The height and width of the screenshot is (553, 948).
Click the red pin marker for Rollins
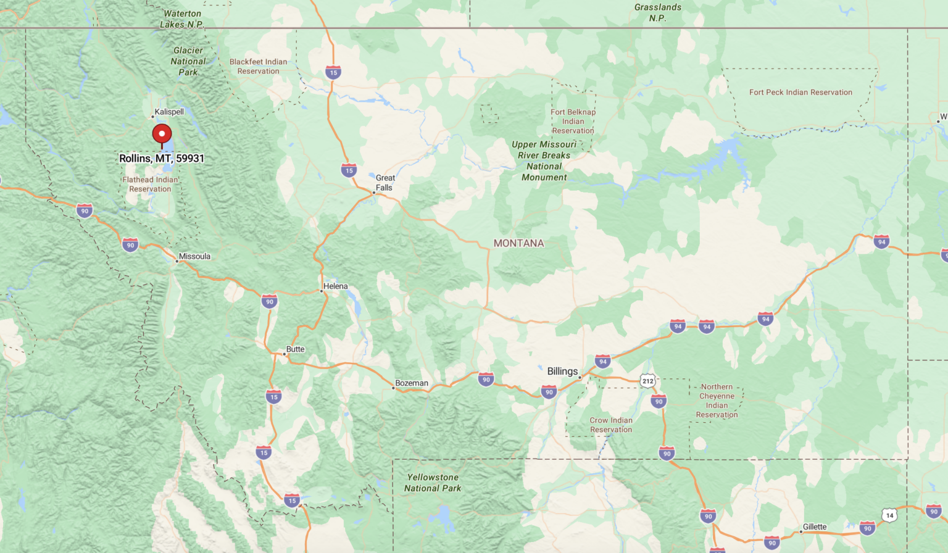tap(162, 133)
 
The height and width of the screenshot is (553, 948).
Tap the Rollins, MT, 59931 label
tap(162, 159)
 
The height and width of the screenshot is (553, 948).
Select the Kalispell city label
tap(169, 112)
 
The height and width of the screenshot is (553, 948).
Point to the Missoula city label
tap(194, 256)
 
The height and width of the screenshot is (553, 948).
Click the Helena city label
tap(335, 286)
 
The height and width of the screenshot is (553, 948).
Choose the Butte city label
tap(295, 349)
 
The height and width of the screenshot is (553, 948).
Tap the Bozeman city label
tap(412, 383)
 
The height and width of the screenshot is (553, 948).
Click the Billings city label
tap(562, 372)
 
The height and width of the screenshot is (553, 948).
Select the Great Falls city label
tap(385, 183)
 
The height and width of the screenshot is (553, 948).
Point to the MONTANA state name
tap(518, 243)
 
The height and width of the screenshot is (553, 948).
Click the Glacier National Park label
tap(188, 61)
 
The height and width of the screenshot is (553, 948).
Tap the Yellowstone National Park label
tap(433, 483)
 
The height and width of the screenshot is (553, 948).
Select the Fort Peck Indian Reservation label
tap(800, 93)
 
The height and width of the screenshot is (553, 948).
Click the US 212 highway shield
tap(647, 381)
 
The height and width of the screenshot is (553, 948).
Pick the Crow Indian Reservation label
tap(611, 425)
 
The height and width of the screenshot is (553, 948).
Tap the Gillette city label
tap(815, 526)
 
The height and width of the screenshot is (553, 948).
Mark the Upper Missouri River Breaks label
tap(544, 160)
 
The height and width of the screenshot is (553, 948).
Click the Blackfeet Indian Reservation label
tap(258, 66)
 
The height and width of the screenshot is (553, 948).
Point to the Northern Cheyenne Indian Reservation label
tap(717, 401)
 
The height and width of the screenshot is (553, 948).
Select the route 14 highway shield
tap(889, 515)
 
